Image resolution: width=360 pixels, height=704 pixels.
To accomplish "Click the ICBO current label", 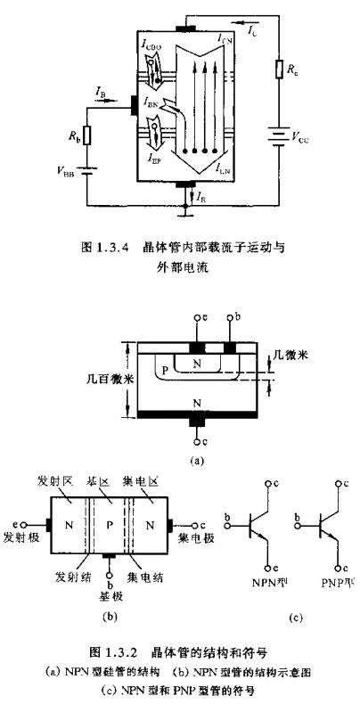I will click(156, 40).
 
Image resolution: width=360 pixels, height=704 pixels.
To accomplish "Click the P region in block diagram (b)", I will click(108, 523).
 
